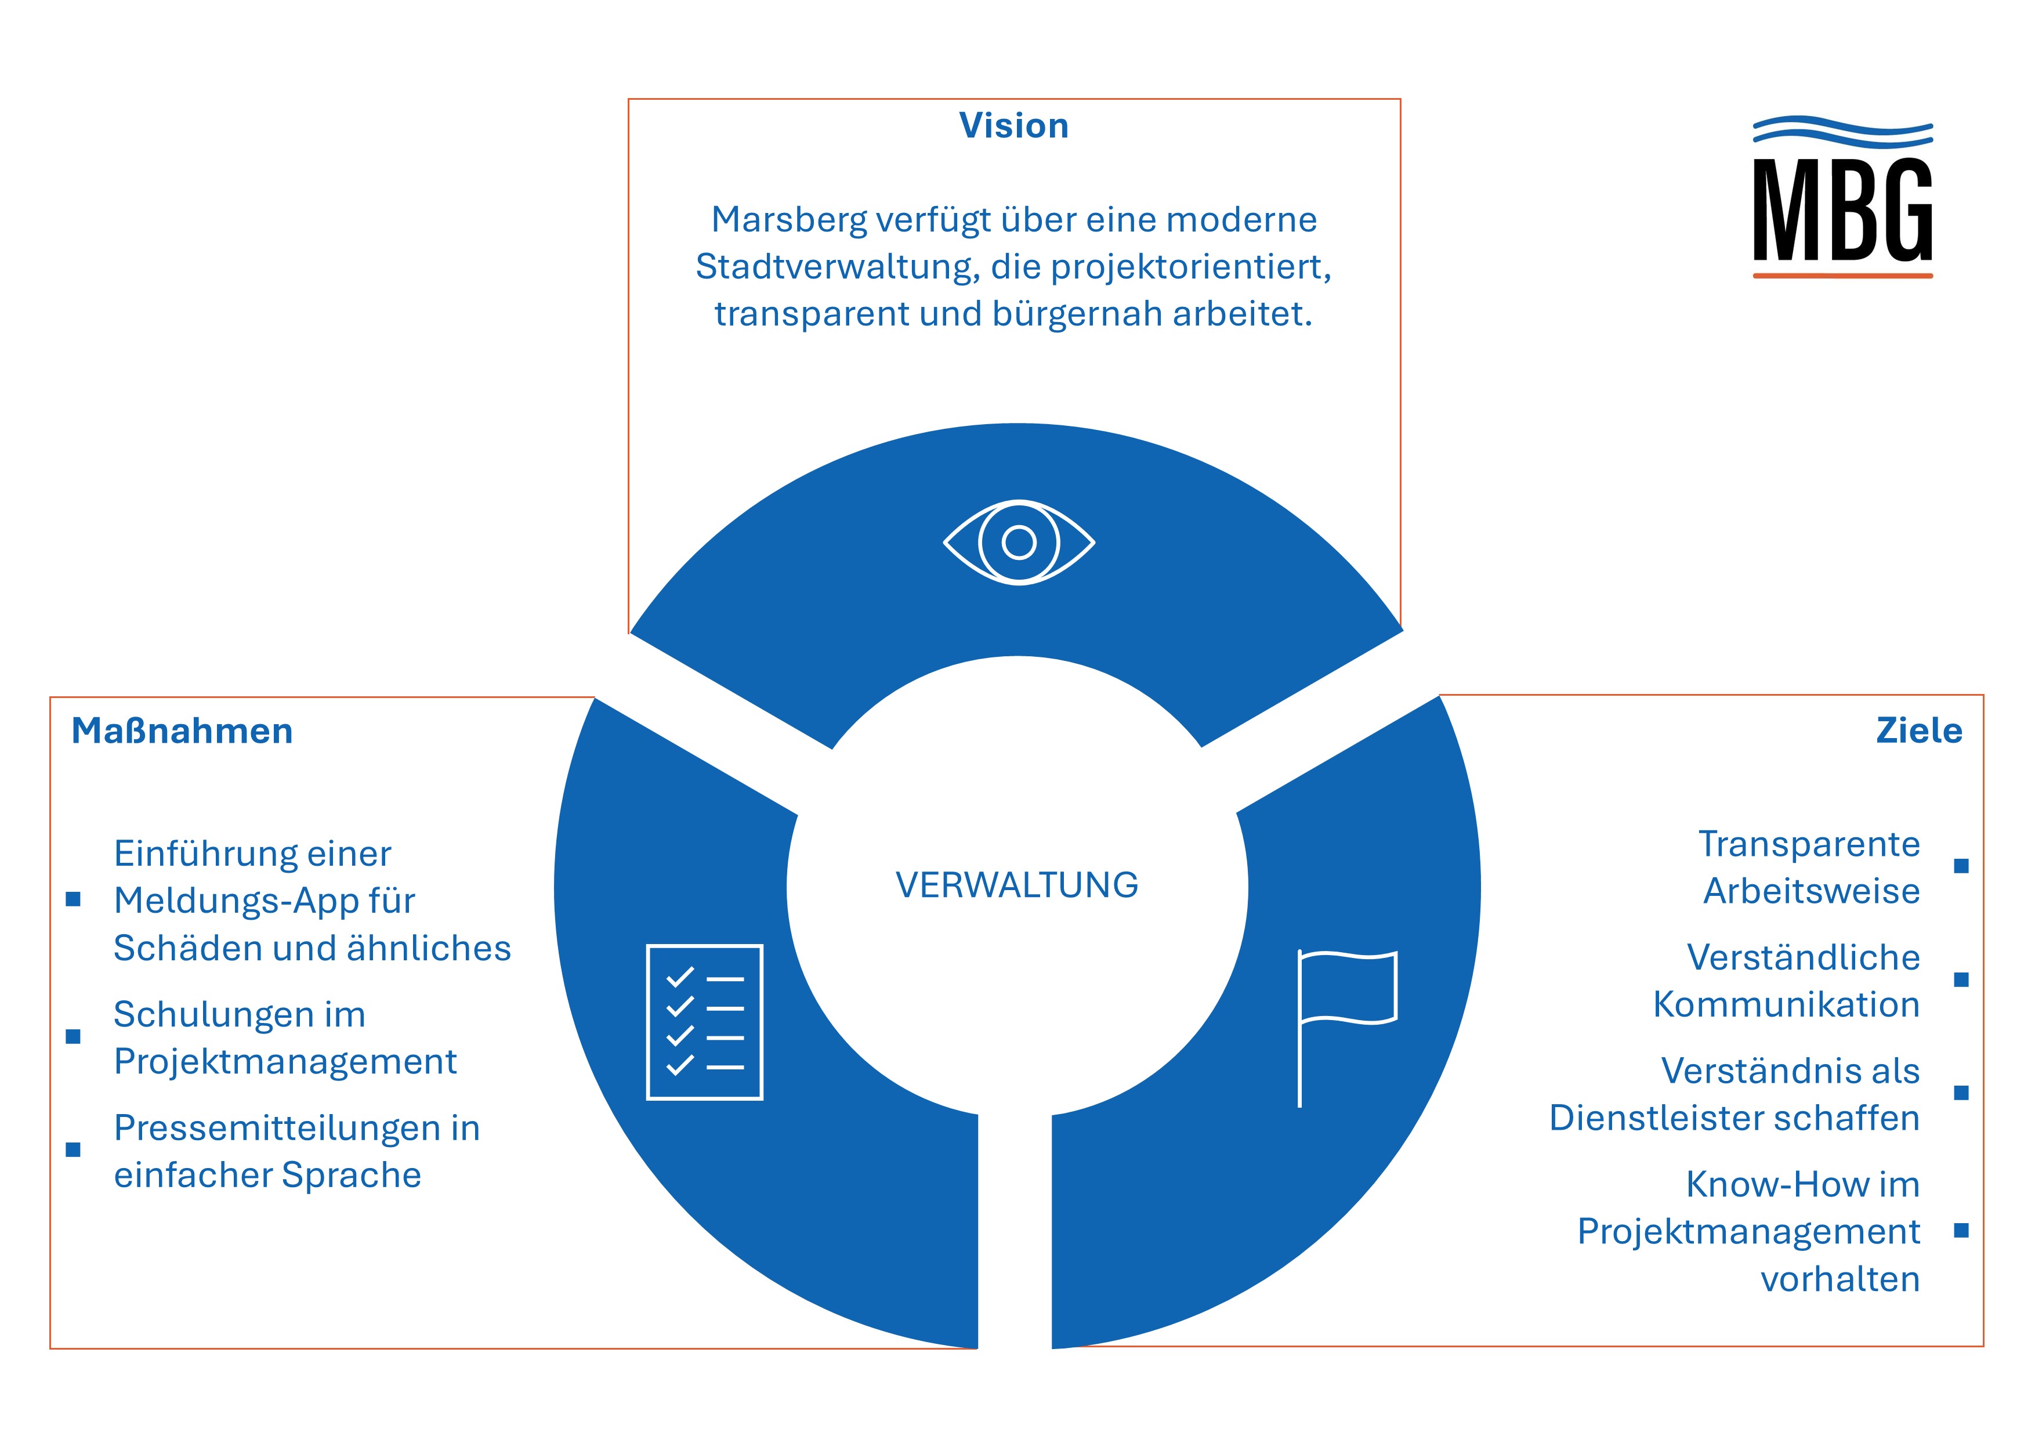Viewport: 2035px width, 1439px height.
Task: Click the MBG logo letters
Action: coord(1842,210)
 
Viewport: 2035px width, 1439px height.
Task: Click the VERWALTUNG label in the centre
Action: coord(1016,885)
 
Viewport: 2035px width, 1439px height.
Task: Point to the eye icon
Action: coord(1019,542)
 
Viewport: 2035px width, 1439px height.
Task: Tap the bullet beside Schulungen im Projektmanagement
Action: coord(74,1036)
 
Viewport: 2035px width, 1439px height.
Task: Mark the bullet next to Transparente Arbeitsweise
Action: coord(1961,866)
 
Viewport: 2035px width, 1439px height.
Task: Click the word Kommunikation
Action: coord(1786,1004)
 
